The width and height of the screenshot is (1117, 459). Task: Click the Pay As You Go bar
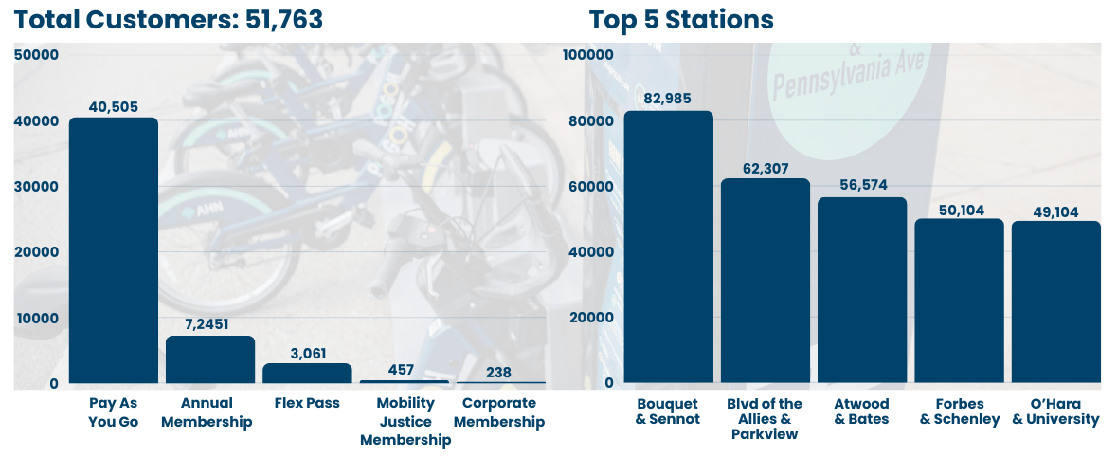pyautogui.click(x=114, y=250)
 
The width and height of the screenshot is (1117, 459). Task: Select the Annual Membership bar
pyautogui.click(x=210, y=359)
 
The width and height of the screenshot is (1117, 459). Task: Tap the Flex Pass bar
pyautogui.click(x=307, y=373)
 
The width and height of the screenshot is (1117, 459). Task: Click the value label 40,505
pyautogui.click(x=114, y=106)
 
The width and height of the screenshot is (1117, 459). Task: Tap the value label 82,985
pyautogui.click(x=668, y=100)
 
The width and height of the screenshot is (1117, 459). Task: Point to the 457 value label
pyautogui.click(x=404, y=369)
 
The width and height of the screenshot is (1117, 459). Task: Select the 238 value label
pyautogui.click(x=500, y=372)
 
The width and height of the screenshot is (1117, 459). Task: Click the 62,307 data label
pyautogui.click(x=766, y=168)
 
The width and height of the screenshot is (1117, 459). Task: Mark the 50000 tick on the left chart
pyautogui.click(x=37, y=55)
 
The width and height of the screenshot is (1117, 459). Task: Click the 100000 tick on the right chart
pyautogui.click(x=589, y=55)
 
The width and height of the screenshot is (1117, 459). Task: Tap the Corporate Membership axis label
pyautogui.click(x=500, y=413)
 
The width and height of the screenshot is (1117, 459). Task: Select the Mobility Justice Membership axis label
pyautogui.click(x=405, y=421)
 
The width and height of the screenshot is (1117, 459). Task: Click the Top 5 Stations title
pyautogui.click(x=681, y=19)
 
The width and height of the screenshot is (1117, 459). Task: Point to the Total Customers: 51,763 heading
pyautogui.click(x=169, y=19)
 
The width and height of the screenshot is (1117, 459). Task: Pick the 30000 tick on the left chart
pyautogui.click(x=37, y=187)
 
